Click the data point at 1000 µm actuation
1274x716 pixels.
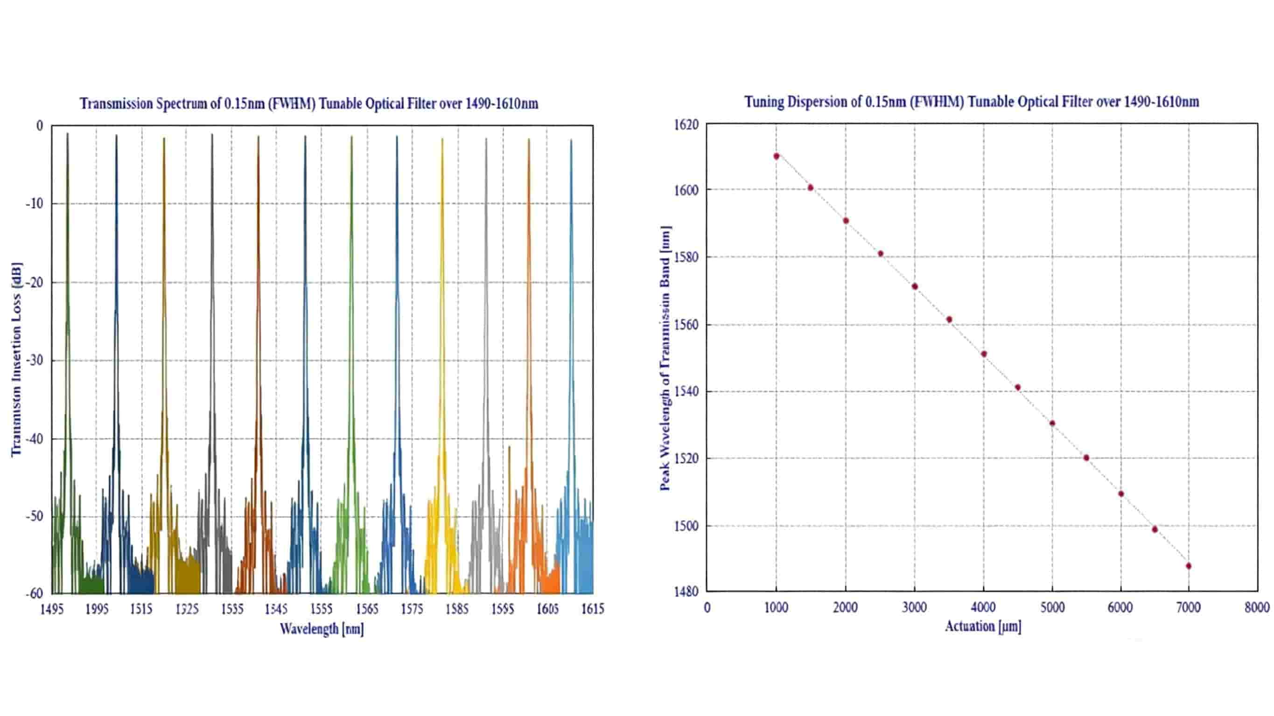coord(777,156)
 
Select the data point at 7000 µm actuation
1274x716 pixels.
coord(1189,566)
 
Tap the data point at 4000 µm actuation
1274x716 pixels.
coord(984,354)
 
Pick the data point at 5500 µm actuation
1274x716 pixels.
coord(1086,458)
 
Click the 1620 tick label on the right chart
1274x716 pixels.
coord(686,125)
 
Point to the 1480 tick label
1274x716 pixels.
coord(686,591)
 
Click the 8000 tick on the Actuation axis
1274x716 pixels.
coord(1257,607)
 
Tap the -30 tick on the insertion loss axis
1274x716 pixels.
coord(35,361)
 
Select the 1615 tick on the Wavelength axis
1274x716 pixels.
coord(593,609)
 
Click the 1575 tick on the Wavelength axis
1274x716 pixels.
coord(412,609)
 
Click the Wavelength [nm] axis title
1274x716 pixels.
coord(322,629)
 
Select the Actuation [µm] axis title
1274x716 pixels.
coord(983,626)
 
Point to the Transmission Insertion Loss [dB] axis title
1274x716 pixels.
coord(16,360)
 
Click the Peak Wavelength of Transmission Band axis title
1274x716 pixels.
coord(665,359)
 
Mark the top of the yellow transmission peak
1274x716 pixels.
coord(442,139)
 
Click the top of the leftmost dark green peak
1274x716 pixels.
coord(67,133)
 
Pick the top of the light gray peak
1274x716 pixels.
coord(486,139)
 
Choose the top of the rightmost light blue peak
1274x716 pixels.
coord(571,140)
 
